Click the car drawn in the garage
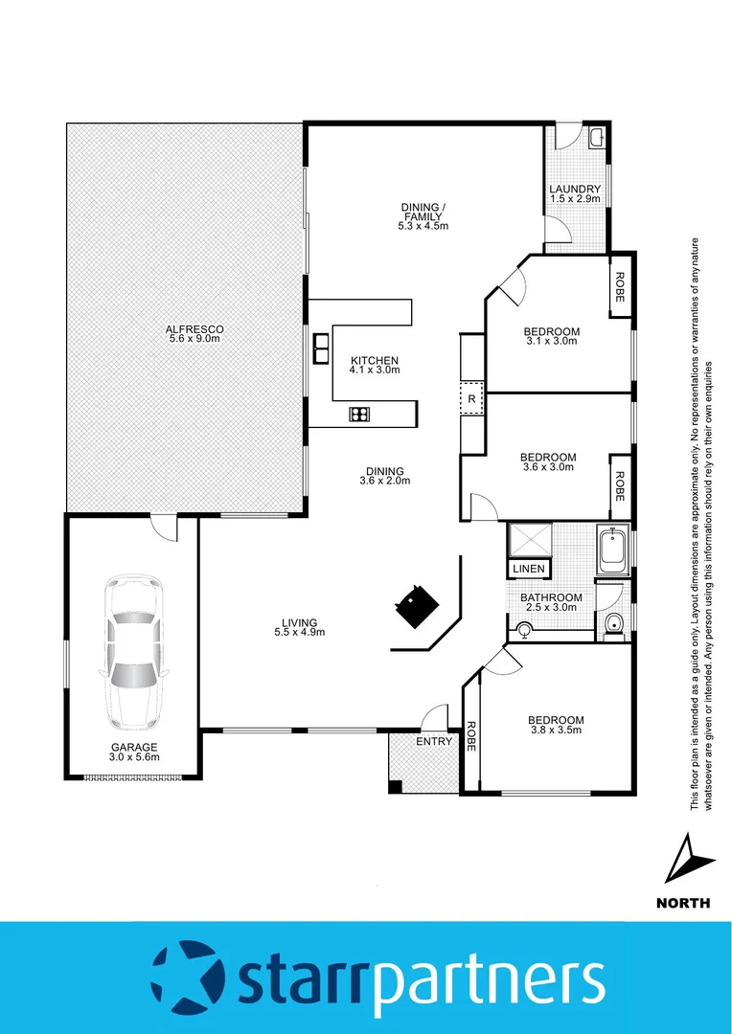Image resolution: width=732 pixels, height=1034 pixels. pos(133,652)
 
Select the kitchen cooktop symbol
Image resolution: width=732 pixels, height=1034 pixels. pos(360,414)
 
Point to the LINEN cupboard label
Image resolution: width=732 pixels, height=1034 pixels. pos(528,569)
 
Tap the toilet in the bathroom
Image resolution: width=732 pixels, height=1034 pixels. pos(613,625)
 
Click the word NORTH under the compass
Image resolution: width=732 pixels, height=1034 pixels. pos(683,902)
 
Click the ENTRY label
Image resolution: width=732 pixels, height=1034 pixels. pos(434,742)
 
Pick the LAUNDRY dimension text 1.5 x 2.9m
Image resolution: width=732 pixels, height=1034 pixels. pos(575,199)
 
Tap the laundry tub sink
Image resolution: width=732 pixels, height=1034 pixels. pos(595,138)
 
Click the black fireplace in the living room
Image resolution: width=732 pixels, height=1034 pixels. pos(418,606)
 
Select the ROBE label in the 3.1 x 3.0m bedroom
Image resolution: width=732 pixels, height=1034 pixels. pos(619,286)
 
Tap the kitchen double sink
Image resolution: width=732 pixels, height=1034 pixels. pos(319,348)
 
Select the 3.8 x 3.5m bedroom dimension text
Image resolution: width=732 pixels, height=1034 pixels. pos(555,731)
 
